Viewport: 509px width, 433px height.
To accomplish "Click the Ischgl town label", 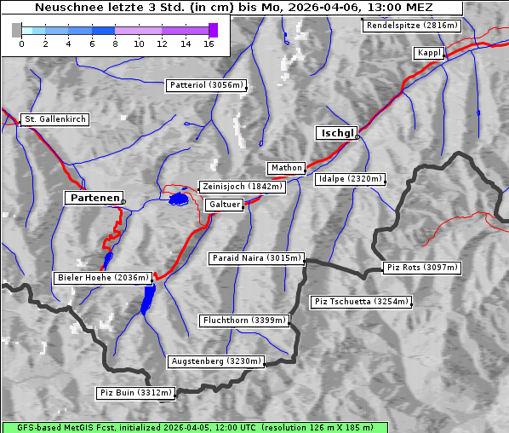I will pos(337,133).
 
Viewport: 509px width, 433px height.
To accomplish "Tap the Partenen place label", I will pos(94,198).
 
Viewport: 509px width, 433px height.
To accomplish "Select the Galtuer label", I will pos(225,205).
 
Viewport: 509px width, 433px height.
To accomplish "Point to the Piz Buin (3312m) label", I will pos(136,393).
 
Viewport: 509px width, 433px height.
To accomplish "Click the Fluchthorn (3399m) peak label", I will pos(244,320).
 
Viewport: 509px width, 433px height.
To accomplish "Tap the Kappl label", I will pos(428,53).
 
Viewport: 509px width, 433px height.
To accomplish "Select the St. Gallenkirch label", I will pos(54,119).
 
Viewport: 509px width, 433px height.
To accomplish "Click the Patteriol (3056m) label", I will pos(207,85).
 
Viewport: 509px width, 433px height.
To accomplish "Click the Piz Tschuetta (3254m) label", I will pos(361,302).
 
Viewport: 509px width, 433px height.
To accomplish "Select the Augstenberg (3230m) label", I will pos(215,361).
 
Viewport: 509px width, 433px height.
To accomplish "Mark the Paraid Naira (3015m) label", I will pos(255,257).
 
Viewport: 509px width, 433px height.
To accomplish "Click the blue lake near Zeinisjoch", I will pos(179,199).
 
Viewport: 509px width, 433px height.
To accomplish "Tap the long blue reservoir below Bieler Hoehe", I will pos(149,298).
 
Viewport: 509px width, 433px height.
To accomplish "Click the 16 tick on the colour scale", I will pos(209,43).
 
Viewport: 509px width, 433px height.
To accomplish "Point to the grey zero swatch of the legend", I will pos(16,30).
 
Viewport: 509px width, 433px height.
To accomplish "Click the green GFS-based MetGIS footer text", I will pos(194,427).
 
